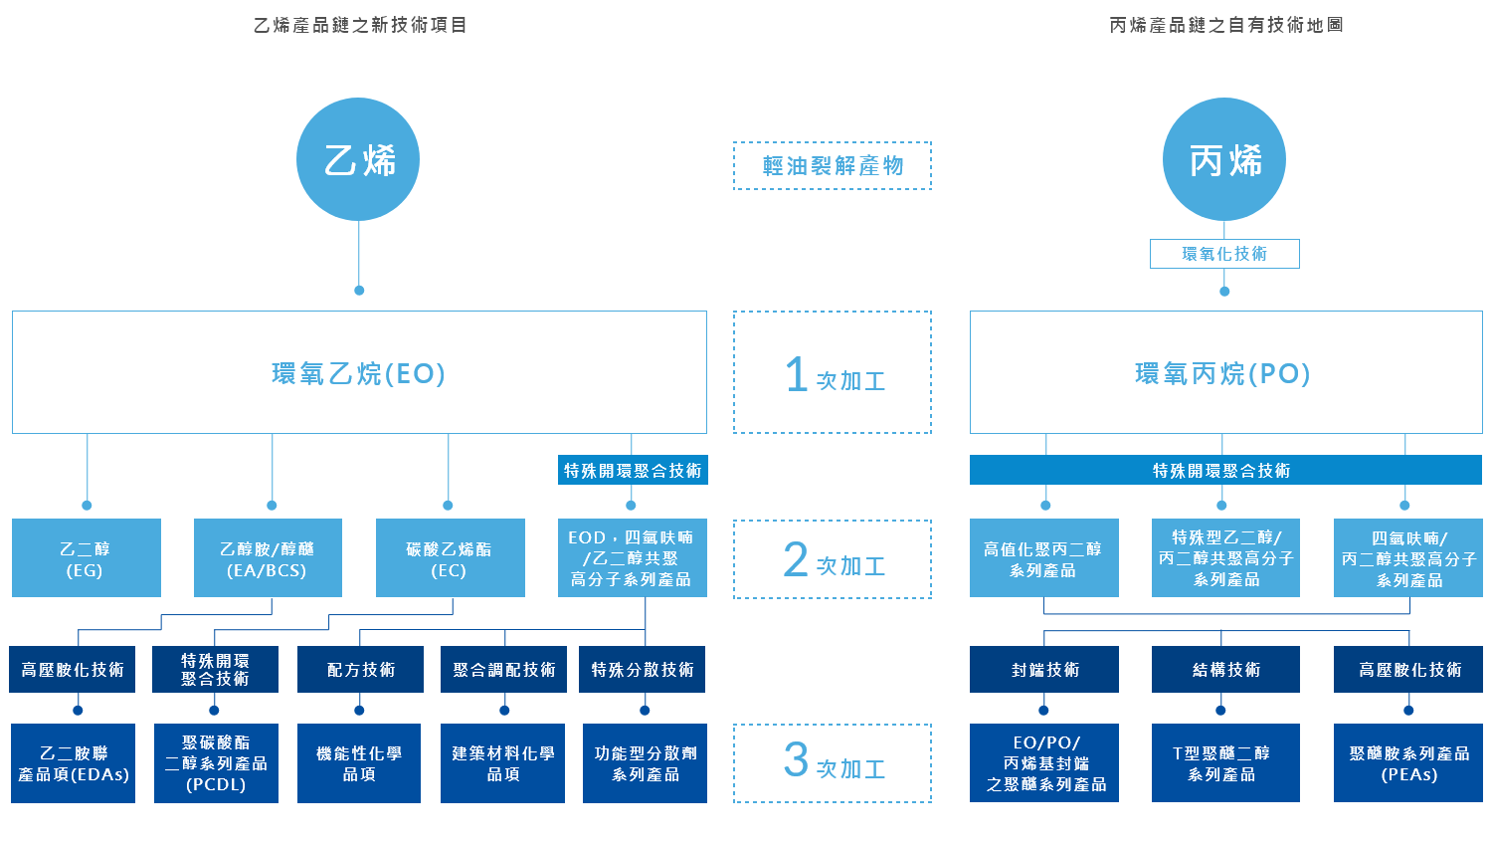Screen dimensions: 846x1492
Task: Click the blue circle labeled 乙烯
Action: click(x=358, y=159)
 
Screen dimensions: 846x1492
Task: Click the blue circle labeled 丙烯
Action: click(x=1224, y=159)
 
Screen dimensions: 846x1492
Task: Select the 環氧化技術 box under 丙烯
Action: click(x=1224, y=254)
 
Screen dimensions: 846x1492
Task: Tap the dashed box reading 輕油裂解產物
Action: click(x=833, y=165)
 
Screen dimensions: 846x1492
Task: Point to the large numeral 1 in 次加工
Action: click(x=796, y=375)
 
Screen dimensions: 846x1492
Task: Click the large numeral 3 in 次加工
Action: click(x=796, y=761)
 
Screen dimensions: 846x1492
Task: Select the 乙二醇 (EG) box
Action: click(x=87, y=558)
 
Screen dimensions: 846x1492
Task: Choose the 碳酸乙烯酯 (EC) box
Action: click(x=450, y=558)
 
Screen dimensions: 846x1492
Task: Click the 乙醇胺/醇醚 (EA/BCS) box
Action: click(x=268, y=558)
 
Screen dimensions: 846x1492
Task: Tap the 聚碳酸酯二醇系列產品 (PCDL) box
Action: click(x=216, y=763)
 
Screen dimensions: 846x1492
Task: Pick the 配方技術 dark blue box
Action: click(x=360, y=670)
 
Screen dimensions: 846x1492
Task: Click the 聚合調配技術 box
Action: click(x=503, y=670)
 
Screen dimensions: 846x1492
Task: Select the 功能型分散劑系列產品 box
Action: click(x=645, y=763)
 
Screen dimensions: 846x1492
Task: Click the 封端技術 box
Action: click(x=1044, y=670)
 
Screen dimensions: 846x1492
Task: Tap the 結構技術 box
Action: click(x=1225, y=670)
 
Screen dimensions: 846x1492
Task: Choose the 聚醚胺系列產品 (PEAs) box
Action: click(x=1408, y=763)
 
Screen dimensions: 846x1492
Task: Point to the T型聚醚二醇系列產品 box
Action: click(x=1225, y=763)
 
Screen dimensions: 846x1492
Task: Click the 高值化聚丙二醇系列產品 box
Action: click(x=1044, y=558)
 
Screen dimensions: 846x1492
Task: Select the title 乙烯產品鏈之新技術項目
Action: click(x=360, y=25)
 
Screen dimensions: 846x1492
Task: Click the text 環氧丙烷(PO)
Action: click(x=1223, y=374)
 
